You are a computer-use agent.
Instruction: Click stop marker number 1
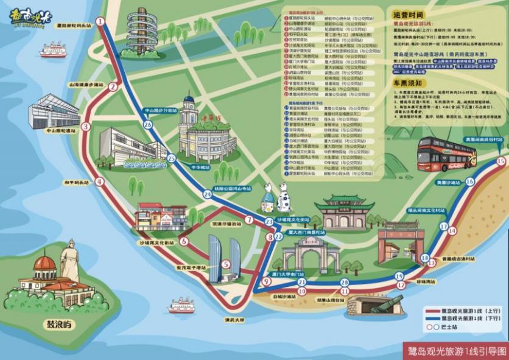(100, 21)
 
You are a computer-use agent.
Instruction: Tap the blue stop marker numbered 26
(148, 124)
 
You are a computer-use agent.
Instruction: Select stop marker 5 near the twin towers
(226, 264)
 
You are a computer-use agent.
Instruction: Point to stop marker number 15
(500, 161)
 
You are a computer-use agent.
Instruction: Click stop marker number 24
(208, 194)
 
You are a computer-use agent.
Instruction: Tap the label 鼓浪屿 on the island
(59, 325)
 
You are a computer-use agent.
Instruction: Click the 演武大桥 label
(234, 319)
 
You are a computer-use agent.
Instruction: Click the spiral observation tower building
(142, 34)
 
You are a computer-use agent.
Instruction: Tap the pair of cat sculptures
(276, 197)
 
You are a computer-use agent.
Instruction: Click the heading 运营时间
(407, 14)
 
